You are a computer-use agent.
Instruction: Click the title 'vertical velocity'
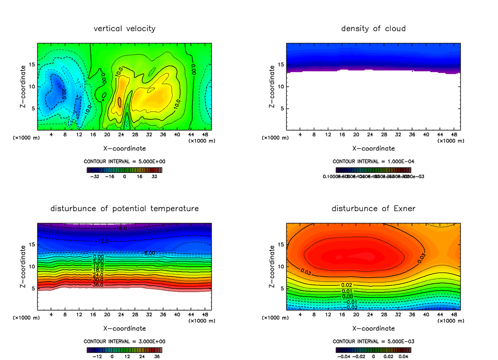(124, 29)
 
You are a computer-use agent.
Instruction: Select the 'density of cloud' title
(373, 29)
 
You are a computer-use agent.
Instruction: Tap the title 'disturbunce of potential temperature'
(124, 208)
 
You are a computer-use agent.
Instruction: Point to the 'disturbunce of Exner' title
(373, 208)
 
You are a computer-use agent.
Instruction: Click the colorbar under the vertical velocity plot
(124, 170)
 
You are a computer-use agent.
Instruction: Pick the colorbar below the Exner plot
(373, 350)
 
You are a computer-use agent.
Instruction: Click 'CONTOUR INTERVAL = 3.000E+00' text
(125, 341)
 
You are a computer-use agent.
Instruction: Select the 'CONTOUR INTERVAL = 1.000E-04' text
(373, 161)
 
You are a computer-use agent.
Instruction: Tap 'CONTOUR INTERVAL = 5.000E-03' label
(373, 341)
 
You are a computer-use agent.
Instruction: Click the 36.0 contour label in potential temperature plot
(98, 285)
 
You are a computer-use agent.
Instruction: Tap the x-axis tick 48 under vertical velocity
(205, 134)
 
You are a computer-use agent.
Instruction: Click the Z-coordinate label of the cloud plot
(272, 88)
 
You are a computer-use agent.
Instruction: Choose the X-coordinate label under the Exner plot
(373, 328)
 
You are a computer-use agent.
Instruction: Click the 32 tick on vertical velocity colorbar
(154, 176)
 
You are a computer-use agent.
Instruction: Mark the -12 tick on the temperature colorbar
(97, 356)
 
